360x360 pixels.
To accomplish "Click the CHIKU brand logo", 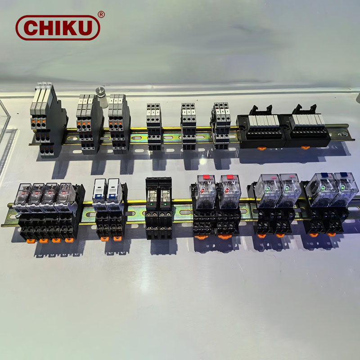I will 57,27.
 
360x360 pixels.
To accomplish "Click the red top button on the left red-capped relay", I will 207,177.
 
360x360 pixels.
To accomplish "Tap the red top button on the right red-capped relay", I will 231,177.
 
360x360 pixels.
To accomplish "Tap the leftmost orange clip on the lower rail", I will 30,241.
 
